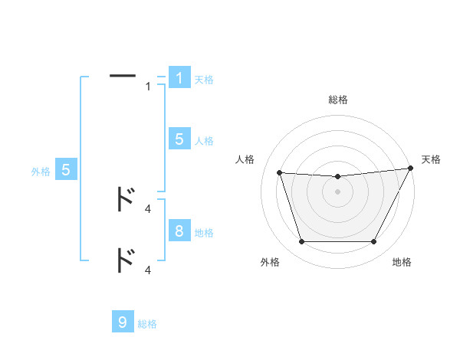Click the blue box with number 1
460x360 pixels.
tap(179, 78)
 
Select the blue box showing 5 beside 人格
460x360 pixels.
tap(179, 139)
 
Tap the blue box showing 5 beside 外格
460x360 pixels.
tap(66, 170)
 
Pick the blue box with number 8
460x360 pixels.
tap(179, 231)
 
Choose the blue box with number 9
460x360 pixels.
tap(123, 322)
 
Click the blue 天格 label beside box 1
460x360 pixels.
tap(204, 80)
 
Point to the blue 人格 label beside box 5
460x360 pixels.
tap(204, 141)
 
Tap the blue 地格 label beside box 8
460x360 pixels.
tap(204, 233)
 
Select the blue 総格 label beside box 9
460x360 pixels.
tap(147, 325)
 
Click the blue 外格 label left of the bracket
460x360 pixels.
tap(41, 172)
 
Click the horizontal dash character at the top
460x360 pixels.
tap(123, 75)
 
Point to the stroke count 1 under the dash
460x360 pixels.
tap(148, 87)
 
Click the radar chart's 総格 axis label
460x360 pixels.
tap(337, 100)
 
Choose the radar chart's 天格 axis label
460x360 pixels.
tap(432, 159)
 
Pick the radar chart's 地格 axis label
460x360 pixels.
tap(402, 262)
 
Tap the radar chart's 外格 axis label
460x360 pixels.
tap(270, 262)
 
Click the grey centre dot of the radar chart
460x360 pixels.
tap(337, 191)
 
